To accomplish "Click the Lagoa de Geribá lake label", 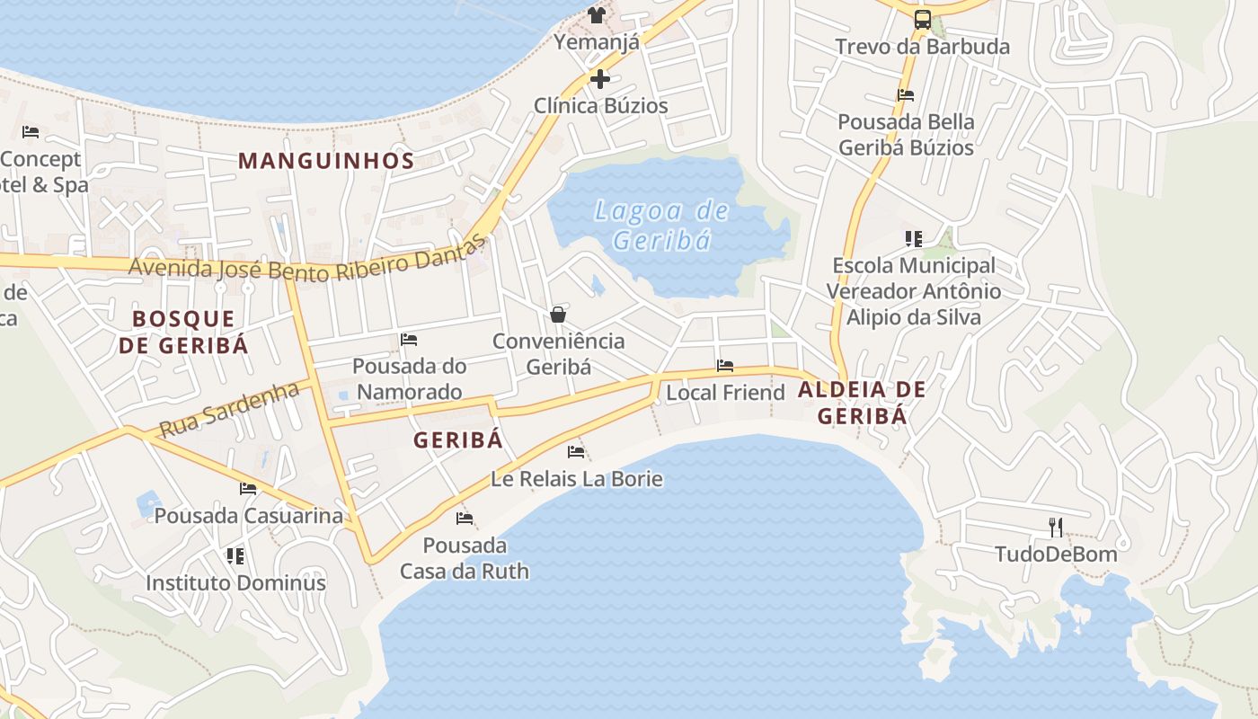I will tap(662, 226).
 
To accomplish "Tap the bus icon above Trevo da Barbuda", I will tap(922, 19).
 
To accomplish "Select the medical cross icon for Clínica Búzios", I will tap(600, 79).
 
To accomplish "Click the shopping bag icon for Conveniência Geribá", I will tap(558, 315).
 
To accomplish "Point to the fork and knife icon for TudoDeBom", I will tap(1056, 528).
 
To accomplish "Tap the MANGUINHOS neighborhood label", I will tap(326, 162).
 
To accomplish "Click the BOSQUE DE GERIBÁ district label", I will tap(184, 332).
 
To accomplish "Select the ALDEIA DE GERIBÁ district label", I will tap(862, 403).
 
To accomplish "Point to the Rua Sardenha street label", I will tap(229, 409).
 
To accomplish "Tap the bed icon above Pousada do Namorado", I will tap(409, 340).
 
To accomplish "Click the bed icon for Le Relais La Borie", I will tap(576, 451).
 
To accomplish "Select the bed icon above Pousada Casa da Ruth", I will tap(465, 519).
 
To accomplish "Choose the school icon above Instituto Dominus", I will tap(235, 556).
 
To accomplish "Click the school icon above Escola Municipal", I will tap(914, 239).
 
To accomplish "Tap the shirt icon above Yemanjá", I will tap(597, 14).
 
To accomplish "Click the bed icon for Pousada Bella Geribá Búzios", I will tap(906, 95).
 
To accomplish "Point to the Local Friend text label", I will tap(725, 393).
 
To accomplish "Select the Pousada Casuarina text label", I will tap(249, 516).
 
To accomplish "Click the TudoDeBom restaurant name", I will tap(1056, 555).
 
